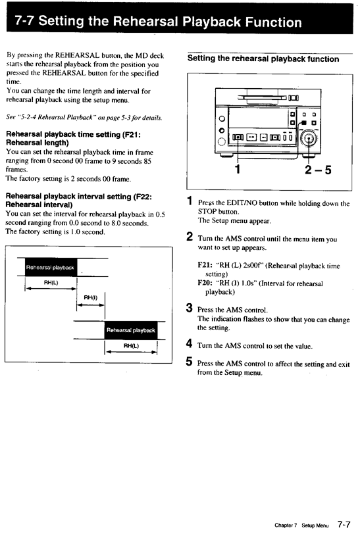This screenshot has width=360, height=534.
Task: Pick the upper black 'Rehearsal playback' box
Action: [x=50, y=267]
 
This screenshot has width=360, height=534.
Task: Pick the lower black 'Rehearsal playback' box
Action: [x=131, y=329]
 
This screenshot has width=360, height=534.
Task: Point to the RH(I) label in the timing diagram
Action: [x=90, y=297]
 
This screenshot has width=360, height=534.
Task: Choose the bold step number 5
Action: [x=189, y=362]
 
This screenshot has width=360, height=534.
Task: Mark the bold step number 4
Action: [x=189, y=344]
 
